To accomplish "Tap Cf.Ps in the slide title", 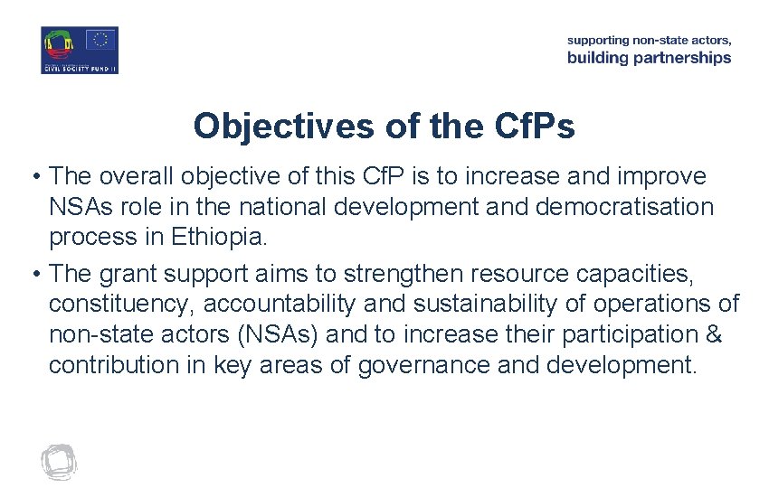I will point(532,127).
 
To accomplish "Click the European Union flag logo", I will point(100,40).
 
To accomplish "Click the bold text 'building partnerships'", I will point(649,58).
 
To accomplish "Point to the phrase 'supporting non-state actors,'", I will point(649,40).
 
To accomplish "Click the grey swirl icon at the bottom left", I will point(59,462).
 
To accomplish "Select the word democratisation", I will point(624,207).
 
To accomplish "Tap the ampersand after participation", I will point(713,334).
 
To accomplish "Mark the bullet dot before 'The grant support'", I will point(35,272).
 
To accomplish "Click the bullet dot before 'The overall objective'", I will point(35,175).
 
